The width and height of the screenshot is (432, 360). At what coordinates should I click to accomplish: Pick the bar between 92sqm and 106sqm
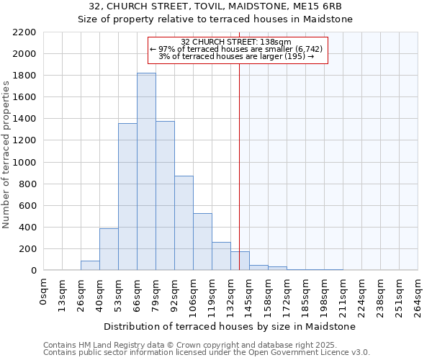184,223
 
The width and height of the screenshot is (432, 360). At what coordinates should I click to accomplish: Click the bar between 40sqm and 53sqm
109,249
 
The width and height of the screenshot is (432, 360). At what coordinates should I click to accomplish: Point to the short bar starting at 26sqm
90,266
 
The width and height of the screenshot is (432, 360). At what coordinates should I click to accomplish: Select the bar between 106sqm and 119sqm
202,242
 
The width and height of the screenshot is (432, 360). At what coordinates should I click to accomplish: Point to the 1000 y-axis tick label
24,163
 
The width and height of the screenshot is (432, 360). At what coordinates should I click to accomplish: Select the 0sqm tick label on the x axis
45,291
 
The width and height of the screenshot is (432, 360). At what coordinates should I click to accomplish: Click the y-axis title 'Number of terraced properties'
7,155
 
